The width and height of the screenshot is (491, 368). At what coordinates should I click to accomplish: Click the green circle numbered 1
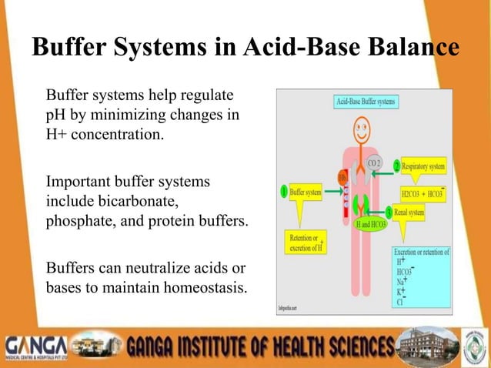[x=285, y=190]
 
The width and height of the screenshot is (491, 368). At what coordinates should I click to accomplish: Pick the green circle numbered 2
[x=397, y=166]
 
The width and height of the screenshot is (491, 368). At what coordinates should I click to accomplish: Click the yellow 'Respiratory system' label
[x=424, y=166]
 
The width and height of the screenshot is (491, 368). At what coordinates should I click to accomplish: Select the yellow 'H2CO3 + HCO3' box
[x=423, y=190]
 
